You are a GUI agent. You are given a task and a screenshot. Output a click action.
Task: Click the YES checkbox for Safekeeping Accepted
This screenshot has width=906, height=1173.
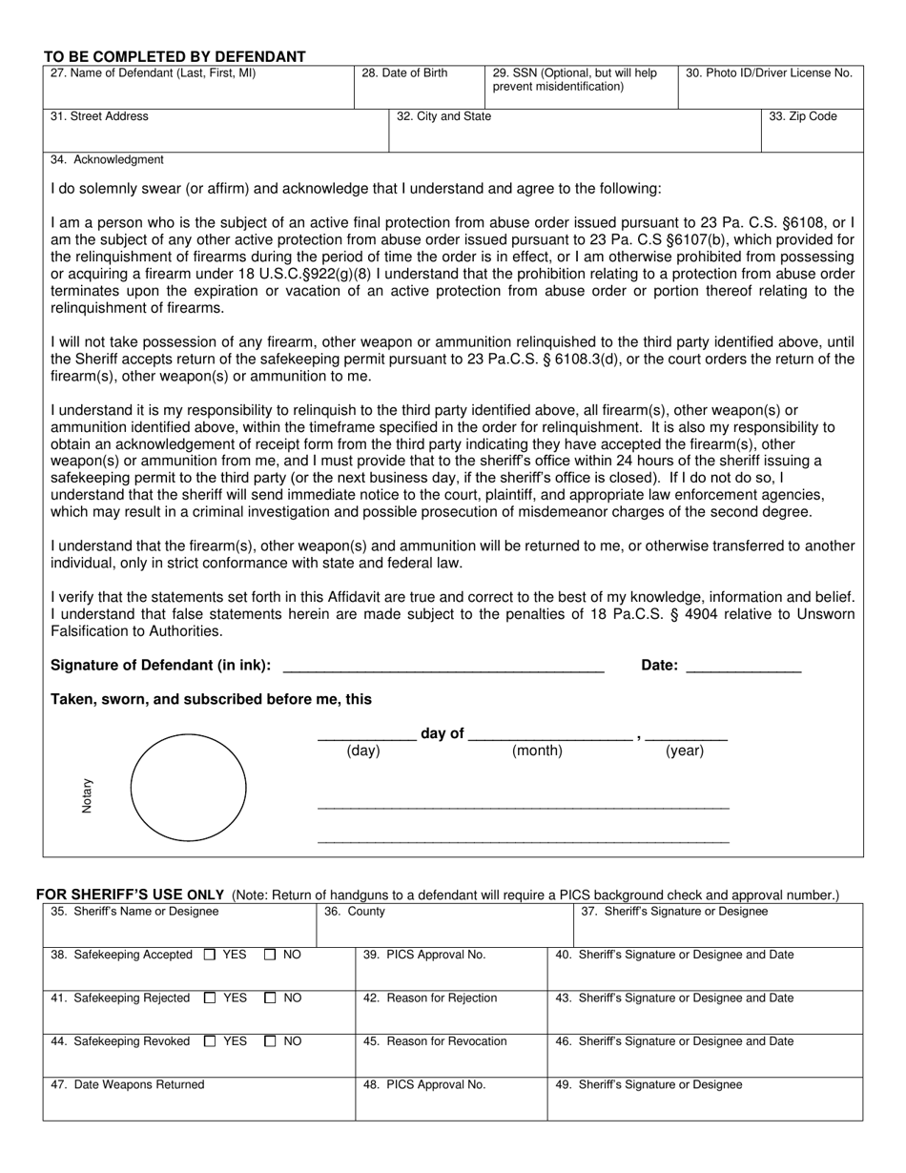click(210, 955)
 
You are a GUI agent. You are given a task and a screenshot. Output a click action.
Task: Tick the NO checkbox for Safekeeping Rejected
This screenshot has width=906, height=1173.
click(270, 998)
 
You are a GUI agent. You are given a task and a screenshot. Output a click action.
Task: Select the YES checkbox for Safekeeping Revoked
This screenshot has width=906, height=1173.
click(210, 1042)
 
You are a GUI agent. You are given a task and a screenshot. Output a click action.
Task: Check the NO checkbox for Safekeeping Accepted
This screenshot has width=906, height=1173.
click(270, 955)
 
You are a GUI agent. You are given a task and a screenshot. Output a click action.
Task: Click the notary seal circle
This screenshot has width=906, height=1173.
click(188, 788)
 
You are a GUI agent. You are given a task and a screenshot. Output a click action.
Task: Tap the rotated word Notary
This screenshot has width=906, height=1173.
click(87, 795)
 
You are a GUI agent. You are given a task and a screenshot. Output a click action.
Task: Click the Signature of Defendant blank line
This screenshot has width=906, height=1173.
click(443, 667)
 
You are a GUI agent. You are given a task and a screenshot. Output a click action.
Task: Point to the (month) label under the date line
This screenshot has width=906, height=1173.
click(537, 751)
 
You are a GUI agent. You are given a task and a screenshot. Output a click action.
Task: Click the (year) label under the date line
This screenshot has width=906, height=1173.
click(685, 751)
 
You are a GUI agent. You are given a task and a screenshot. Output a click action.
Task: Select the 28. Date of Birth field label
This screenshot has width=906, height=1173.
click(404, 73)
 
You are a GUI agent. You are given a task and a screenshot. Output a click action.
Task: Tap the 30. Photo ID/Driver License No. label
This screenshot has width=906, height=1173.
click(769, 73)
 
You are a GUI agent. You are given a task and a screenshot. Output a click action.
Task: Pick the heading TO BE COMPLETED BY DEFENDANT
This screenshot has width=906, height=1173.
click(175, 56)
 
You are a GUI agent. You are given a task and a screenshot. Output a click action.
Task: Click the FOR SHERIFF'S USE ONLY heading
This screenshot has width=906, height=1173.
click(130, 895)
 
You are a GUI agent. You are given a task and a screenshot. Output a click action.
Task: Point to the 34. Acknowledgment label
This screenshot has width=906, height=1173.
click(107, 160)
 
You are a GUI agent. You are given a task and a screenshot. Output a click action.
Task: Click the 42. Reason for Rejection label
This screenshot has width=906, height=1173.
click(430, 998)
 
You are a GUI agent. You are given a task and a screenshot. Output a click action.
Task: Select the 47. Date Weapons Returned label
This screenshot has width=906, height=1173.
click(127, 1085)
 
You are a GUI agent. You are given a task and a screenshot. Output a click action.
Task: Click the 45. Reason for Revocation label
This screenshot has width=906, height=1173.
click(435, 1041)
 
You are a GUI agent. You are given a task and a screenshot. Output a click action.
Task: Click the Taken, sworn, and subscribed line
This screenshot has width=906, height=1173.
click(211, 700)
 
